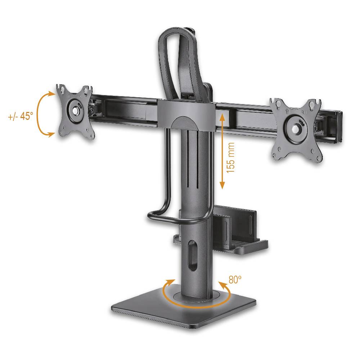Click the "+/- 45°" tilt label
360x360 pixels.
pyautogui.click(x=20, y=116)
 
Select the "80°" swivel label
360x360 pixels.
pyautogui.click(x=235, y=280)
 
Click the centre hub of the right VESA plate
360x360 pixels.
pyautogui.click(x=296, y=127)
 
